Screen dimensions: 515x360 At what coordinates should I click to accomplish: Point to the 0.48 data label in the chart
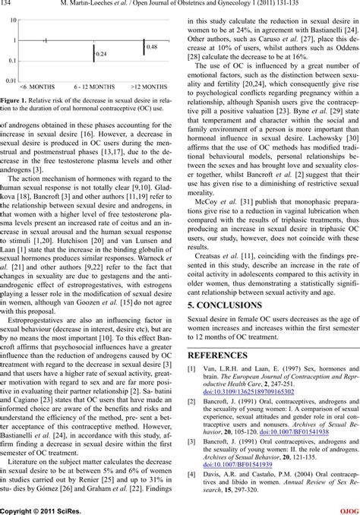point(151,47)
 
